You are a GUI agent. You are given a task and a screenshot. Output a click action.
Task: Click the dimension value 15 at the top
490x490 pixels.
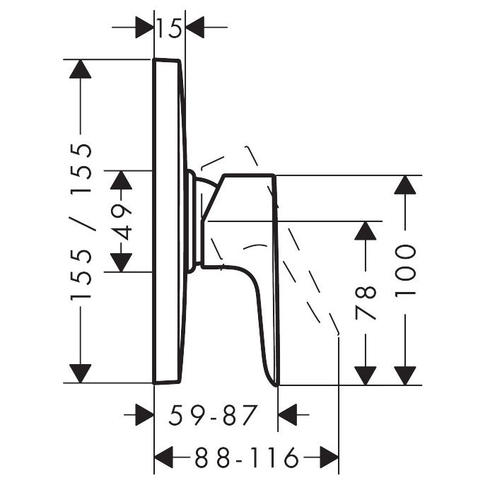click(169, 28)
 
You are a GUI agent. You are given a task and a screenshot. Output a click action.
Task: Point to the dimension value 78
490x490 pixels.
click(366, 304)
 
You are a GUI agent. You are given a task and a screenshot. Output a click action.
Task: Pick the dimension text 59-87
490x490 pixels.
click(211, 415)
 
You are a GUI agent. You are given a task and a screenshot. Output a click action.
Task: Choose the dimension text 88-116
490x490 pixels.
click(247, 459)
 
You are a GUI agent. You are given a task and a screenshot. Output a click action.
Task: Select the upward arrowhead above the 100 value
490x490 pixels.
click(404, 185)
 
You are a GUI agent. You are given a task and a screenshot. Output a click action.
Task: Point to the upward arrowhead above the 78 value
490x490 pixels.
click(366, 231)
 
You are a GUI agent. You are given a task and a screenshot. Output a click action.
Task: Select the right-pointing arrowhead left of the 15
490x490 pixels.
click(144, 28)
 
